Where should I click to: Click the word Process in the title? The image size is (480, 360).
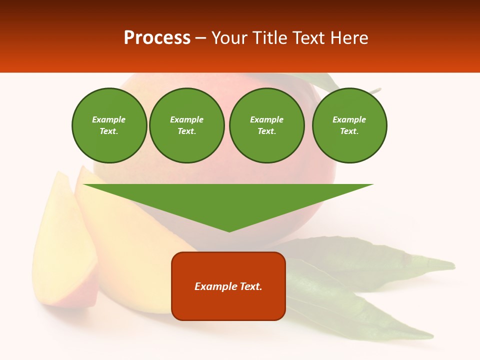click(157, 38)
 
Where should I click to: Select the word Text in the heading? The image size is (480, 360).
click(308, 38)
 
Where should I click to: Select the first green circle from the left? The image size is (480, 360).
click(109, 125)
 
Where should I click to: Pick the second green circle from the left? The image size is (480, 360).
click(186, 125)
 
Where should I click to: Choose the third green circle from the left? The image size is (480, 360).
click(266, 125)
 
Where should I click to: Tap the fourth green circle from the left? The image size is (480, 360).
click(349, 125)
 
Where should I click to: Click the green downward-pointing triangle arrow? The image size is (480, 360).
click(228, 200)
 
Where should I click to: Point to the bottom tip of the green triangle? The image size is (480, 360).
click(229, 231)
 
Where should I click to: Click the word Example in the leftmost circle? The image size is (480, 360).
click(109, 119)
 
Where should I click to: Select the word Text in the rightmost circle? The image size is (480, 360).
click(349, 131)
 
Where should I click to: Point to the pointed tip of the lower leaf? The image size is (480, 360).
click(432, 335)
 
